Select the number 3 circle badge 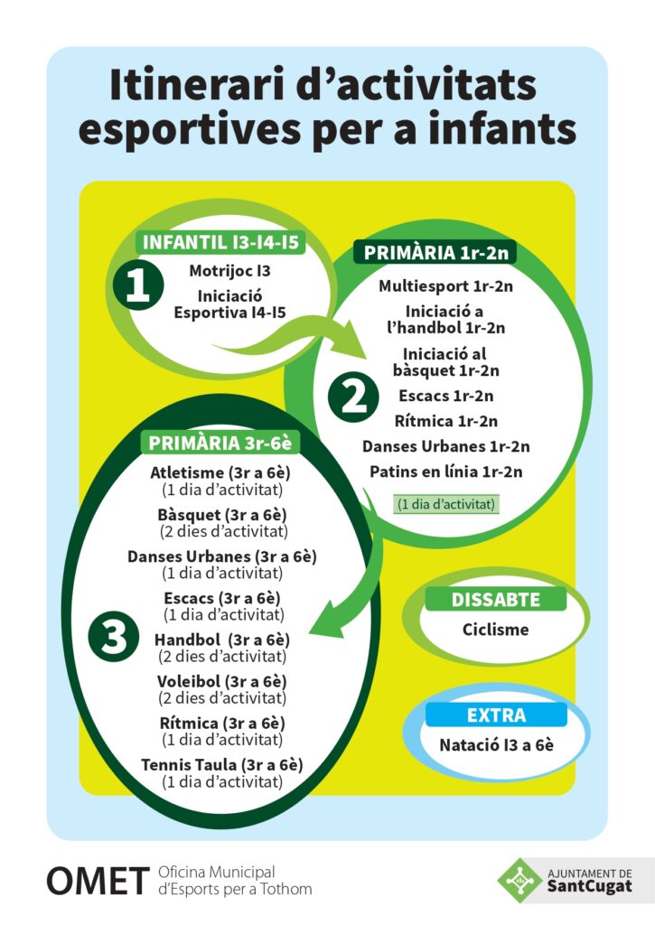click(114, 637)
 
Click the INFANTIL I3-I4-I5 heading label click(221, 243)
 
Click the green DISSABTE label click(495, 600)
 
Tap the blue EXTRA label click(496, 715)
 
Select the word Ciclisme click(495, 630)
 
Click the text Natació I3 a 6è click(496, 746)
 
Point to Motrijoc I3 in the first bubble click(230, 270)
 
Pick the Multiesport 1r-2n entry click(445, 286)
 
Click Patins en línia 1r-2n click(445, 472)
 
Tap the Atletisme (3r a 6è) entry click(222, 472)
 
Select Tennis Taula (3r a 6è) click(222, 765)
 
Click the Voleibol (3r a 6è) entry click(222, 681)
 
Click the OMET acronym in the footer click(98, 881)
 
